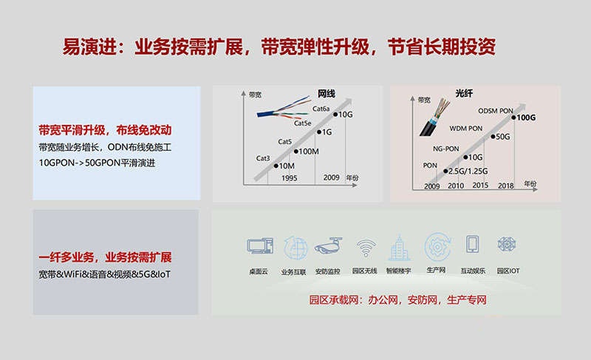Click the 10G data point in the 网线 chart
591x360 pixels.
pyautogui.click(x=335, y=115)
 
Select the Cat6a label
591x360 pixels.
pyautogui.click(x=321, y=109)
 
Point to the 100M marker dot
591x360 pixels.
pyautogui.click(x=296, y=152)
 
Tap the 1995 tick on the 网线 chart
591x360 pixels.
pyautogui.click(x=289, y=178)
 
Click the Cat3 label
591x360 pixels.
pyautogui.click(x=263, y=158)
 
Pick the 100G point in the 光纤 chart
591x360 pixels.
pyautogui.click(x=513, y=118)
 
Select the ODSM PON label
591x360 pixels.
pyautogui.click(x=496, y=111)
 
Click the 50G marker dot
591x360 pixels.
pyautogui.click(x=493, y=137)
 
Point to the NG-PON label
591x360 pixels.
pyautogui.click(x=446, y=149)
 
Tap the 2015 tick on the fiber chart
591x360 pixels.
pyautogui.click(x=480, y=186)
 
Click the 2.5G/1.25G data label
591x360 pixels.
pyautogui.click(x=468, y=171)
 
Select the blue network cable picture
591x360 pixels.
pyautogui.click(x=284, y=107)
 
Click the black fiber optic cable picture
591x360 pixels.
pyautogui.click(x=434, y=118)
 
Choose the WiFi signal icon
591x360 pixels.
pyautogui.click(x=366, y=248)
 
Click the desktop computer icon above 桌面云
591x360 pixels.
pyautogui.click(x=260, y=245)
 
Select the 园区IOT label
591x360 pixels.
pyautogui.click(x=508, y=271)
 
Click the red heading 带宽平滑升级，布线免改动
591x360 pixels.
pyautogui.click(x=105, y=130)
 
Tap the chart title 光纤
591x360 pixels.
pyautogui.click(x=464, y=93)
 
